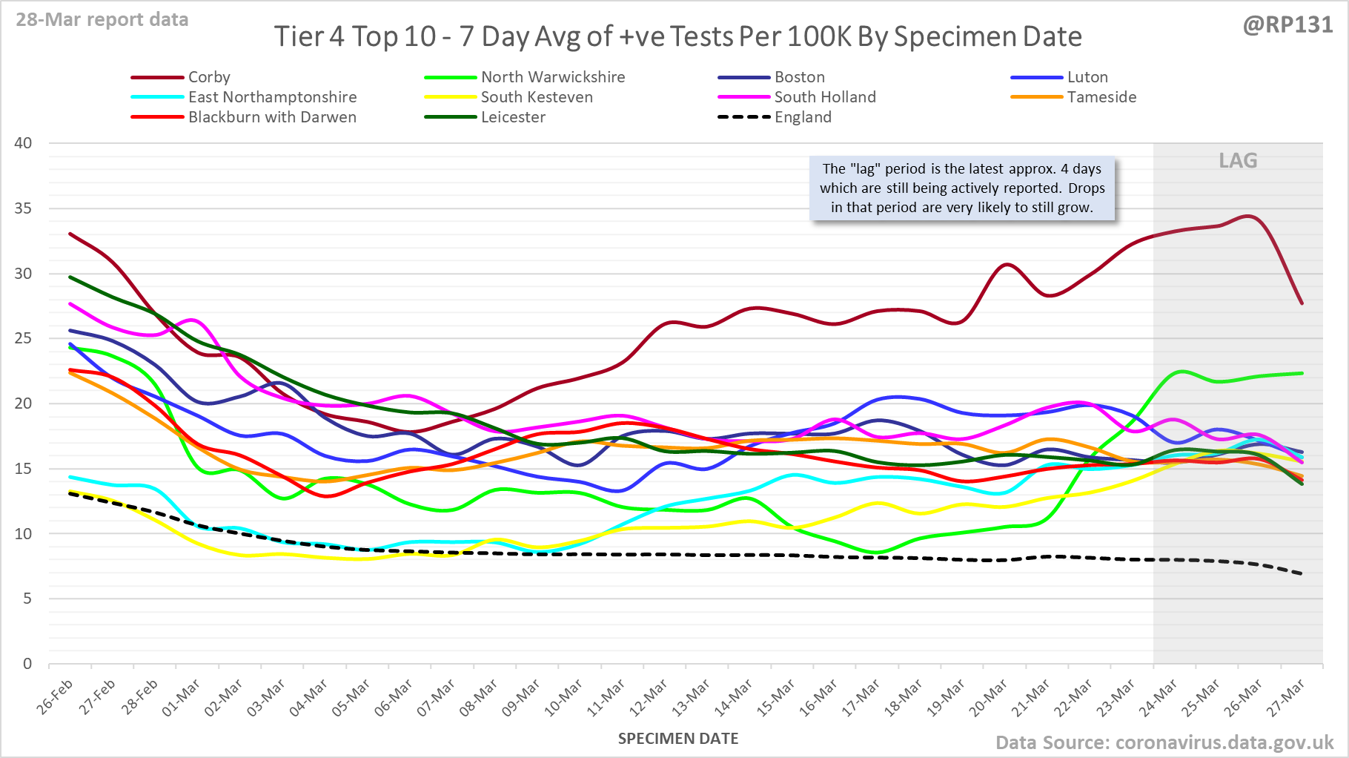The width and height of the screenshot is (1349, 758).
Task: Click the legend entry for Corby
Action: (208, 77)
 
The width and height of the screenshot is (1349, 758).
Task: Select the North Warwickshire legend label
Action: (552, 77)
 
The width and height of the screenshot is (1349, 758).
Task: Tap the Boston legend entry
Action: (799, 77)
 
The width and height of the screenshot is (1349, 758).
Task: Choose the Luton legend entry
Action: (1087, 77)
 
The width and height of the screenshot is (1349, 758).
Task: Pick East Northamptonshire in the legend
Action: (272, 97)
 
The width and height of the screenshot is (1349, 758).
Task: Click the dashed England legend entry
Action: (802, 117)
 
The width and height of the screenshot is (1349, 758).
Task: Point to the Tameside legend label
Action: (1101, 97)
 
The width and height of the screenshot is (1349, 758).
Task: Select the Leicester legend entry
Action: (512, 117)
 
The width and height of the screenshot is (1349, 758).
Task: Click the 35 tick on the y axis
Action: (24, 208)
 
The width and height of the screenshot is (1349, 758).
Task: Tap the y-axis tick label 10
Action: (24, 533)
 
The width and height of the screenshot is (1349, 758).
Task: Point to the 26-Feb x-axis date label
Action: (56, 697)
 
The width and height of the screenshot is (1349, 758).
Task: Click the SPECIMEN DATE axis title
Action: (677, 739)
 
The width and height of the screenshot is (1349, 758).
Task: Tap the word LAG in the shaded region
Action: (1238, 161)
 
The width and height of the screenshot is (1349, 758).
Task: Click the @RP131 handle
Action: (1287, 25)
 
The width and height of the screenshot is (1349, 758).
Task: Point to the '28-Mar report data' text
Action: (102, 20)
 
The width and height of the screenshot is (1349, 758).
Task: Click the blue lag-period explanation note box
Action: (961, 188)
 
